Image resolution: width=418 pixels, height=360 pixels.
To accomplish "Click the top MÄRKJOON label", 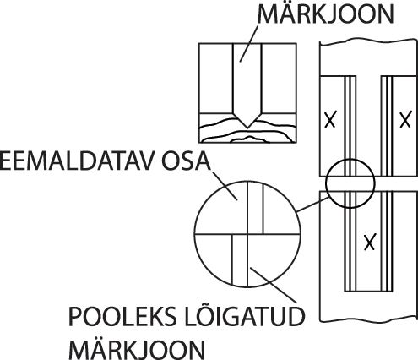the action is tap(325, 14).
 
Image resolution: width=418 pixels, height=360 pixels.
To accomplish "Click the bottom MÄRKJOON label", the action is tap(137, 348).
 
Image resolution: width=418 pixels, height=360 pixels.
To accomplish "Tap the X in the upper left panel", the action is tap(330, 120).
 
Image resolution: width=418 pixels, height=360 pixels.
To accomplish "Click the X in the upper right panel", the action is tap(405, 119).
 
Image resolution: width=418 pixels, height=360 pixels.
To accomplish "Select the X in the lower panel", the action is tap(370, 243).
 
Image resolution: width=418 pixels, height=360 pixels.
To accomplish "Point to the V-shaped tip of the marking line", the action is tap(247, 128).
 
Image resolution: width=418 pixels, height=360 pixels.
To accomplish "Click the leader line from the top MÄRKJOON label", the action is tap(249, 44).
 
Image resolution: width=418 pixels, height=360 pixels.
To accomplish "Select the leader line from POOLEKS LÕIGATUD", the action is tap(274, 285).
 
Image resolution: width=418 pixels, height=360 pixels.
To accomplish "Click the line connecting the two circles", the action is tap(313, 205).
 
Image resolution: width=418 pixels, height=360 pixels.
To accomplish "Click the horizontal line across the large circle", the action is tap(247, 234).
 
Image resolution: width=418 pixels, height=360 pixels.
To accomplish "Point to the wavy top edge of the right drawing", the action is tap(368, 43).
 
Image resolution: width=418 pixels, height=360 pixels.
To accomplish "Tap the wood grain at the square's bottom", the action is tap(247, 133).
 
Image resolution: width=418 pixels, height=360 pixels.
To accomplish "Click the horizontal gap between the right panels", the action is tap(368, 184).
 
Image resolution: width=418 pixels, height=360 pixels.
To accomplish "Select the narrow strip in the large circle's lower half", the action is tap(240, 259).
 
